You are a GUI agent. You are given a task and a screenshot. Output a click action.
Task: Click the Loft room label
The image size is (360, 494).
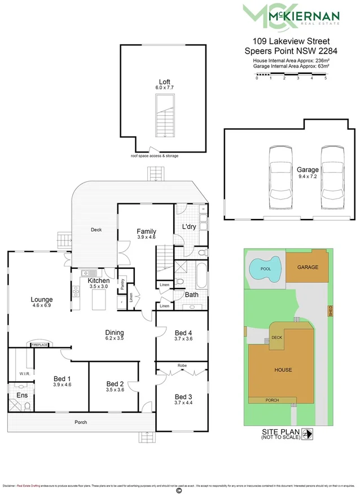pos(164,82)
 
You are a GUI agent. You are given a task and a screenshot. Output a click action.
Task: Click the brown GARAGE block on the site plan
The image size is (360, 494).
pos(308,268)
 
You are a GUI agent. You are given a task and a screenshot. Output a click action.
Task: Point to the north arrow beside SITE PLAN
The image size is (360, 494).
pos(308,434)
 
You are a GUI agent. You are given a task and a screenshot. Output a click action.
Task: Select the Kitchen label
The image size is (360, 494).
pos(99,281)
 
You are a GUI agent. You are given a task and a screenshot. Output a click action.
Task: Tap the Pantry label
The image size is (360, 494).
pos(122,282)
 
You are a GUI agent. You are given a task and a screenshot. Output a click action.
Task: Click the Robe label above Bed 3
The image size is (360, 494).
pos(182,365)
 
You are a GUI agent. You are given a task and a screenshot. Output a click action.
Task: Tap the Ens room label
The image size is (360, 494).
pos(21,396)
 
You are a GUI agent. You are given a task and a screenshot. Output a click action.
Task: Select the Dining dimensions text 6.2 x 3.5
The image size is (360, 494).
pos(114,339)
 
